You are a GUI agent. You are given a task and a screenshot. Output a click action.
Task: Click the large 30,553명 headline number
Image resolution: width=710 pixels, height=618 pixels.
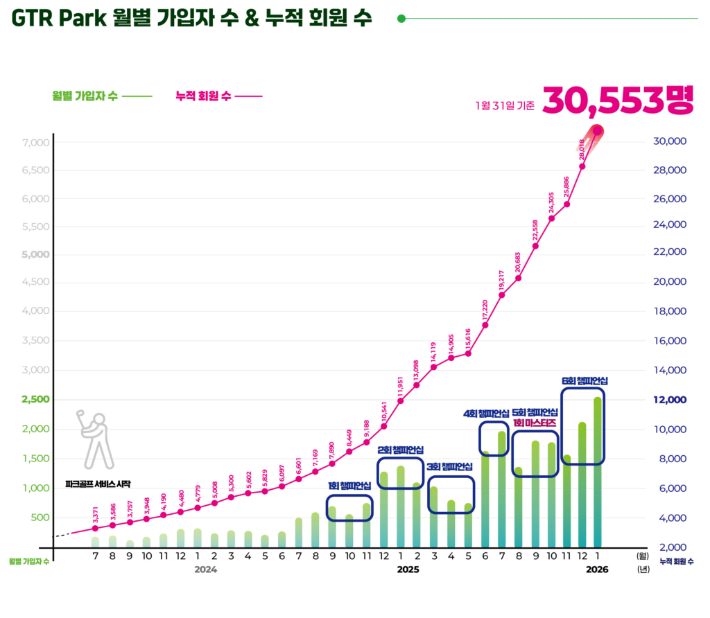pyautogui.click(x=618, y=101)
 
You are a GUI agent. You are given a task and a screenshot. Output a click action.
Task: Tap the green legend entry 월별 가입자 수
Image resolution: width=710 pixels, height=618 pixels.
pyautogui.click(x=85, y=96)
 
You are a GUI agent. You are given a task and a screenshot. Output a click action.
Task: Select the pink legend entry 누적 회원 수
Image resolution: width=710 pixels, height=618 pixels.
pyautogui.click(x=204, y=96)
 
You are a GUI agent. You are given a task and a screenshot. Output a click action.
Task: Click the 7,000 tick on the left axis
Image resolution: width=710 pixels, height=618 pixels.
pyautogui.click(x=36, y=142)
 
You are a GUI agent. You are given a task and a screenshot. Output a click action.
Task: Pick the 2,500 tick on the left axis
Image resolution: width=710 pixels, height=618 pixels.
pyautogui.click(x=36, y=400)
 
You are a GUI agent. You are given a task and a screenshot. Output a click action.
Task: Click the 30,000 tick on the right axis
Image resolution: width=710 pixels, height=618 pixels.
pyautogui.click(x=670, y=141)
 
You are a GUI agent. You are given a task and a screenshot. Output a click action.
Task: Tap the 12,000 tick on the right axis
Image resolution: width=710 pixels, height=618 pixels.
pyautogui.click(x=670, y=400)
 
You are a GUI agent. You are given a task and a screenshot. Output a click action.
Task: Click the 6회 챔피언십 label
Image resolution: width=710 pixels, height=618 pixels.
pyautogui.click(x=585, y=381)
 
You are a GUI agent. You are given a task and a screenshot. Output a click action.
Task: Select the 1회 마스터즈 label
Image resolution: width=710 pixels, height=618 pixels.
pyautogui.click(x=535, y=423)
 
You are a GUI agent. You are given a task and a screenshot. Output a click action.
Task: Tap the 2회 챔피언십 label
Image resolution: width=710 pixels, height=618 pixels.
pyautogui.click(x=400, y=450)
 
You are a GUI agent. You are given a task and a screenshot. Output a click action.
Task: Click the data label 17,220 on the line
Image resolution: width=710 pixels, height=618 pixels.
pyautogui.click(x=485, y=310)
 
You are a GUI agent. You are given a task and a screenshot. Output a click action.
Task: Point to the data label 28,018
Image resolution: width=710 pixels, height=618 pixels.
pyautogui.click(x=582, y=150)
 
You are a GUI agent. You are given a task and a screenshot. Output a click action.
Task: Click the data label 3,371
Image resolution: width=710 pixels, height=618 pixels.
pyautogui.click(x=95, y=515)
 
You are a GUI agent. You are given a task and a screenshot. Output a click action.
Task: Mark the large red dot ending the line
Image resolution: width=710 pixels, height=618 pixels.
pyautogui.click(x=598, y=131)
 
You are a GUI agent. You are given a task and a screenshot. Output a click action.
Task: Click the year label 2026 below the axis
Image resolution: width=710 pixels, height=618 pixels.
pyautogui.click(x=597, y=570)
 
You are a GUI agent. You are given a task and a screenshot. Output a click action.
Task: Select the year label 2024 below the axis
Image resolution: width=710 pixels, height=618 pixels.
pyautogui.click(x=206, y=570)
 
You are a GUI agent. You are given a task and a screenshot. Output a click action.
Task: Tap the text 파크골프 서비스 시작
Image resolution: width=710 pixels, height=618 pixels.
pyautogui.click(x=98, y=484)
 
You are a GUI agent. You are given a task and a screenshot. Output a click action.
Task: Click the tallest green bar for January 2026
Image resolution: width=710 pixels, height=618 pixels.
pyautogui.click(x=598, y=471)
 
